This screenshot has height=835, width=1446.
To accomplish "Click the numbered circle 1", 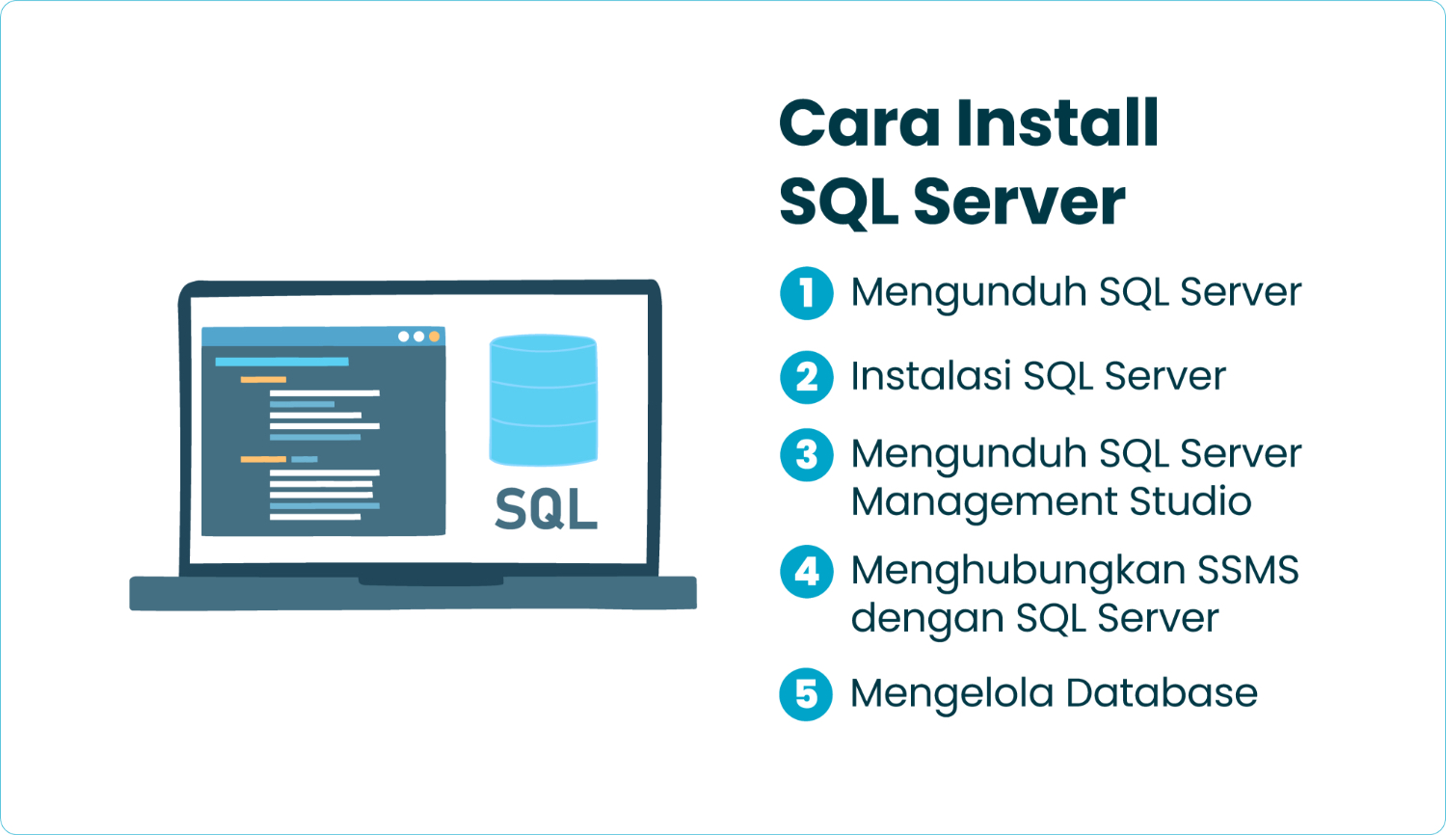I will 807,293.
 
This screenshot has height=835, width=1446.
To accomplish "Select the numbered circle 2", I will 807,377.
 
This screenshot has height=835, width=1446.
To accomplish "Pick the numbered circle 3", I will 807,455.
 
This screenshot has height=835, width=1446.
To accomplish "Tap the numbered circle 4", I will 807,572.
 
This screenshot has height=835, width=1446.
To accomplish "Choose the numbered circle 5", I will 806,694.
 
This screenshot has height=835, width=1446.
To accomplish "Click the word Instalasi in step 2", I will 930,376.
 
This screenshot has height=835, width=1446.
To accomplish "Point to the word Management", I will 984,502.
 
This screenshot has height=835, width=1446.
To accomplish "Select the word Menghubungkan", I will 1018,571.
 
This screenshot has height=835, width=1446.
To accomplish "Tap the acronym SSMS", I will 1248,570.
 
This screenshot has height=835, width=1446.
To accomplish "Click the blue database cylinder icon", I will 544,399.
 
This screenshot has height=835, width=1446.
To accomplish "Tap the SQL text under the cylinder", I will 546,508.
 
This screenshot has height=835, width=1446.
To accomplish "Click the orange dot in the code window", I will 434,337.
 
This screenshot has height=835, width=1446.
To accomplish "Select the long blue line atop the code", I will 281,362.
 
